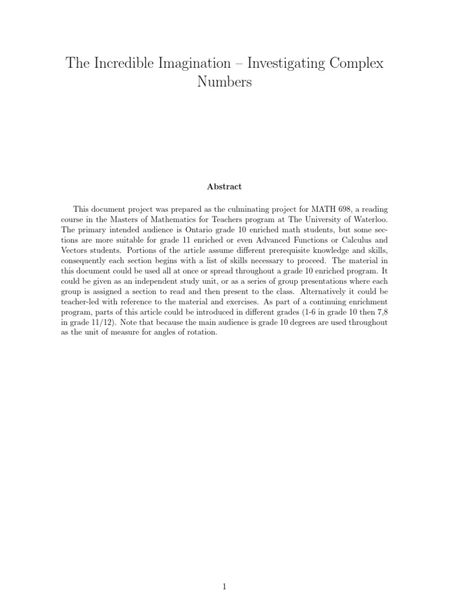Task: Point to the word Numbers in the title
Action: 224,82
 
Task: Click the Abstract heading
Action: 224,187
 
